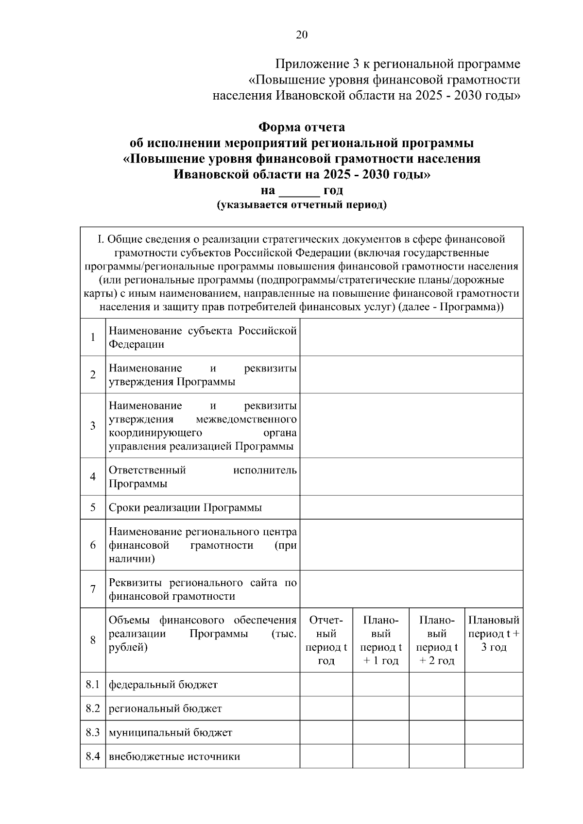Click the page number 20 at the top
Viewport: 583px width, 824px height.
click(x=301, y=35)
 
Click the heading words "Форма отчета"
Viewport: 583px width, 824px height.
click(x=301, y=127)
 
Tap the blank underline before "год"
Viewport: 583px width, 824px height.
click(x=299, y=190)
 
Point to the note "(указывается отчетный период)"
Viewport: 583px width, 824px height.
click(x=301, y=205)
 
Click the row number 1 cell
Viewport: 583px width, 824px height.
click(x=93, y=337)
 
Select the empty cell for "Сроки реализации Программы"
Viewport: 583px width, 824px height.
click(x=411, y=507)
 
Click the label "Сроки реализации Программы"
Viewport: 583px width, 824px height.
click(x=185, y=508)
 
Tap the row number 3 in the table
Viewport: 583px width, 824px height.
click(x=93, y=425)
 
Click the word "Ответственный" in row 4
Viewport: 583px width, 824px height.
click(x=147, y=470)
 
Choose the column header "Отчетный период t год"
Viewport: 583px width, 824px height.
click(x=326, y=640)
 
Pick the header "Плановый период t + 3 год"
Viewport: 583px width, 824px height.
click(x=494, y=633)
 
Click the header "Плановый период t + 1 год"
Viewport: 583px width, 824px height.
click(x=381, y=640)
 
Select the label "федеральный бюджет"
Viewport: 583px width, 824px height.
click(x=163, y=685)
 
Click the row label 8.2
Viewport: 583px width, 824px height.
click(x=93, y=708)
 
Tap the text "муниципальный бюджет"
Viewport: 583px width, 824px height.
click(x=171, y=732)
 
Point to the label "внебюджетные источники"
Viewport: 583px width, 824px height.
click(x=174, y=757)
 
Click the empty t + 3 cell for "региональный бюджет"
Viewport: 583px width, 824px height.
click(x=494, y=708)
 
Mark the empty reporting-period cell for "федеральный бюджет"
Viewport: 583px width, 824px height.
click(x=326, y=685)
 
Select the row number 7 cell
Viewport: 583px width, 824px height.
click(x=93, y=589)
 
